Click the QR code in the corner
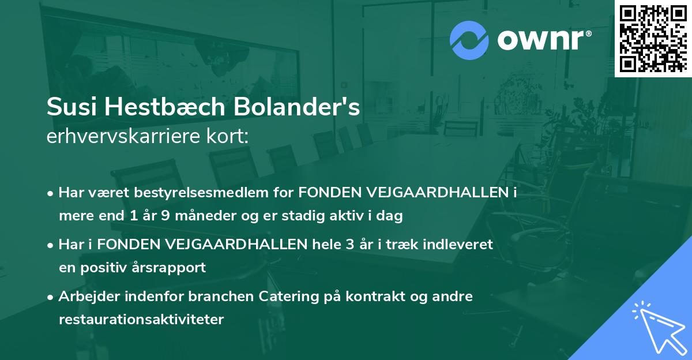(653, 39)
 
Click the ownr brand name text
(541, 41)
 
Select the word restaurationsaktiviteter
(141, 320)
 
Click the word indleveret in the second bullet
(459, 245)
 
